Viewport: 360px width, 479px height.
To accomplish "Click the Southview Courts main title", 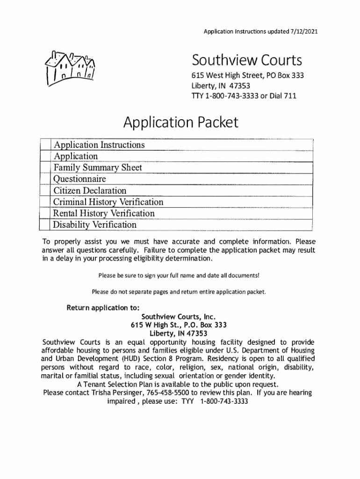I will (247, 60).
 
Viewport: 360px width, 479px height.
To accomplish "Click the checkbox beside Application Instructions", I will (45, 145).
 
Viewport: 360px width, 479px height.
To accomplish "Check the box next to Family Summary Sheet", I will (45, 167).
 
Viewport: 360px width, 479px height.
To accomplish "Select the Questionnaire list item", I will (79, 179).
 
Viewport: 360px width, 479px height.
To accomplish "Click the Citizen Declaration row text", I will (90, 190).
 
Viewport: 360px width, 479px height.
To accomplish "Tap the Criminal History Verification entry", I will (108, 202).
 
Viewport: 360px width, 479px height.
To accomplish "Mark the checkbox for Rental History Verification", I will (45, 213).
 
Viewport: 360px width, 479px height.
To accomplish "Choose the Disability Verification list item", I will (94, 225).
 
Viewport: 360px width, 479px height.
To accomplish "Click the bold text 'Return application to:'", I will (103, 308).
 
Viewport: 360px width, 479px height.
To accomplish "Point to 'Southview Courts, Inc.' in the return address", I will (181, 317).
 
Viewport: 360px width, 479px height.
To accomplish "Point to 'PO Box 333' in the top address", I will (285, 76).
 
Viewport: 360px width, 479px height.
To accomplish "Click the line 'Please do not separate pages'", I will (179, 292).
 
